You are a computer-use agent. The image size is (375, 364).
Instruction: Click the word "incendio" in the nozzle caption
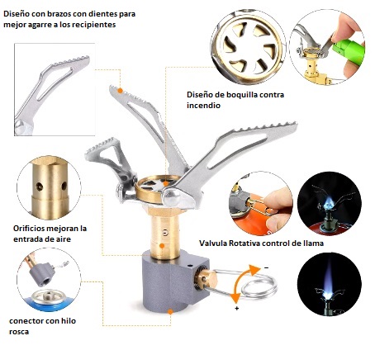coord(203,106)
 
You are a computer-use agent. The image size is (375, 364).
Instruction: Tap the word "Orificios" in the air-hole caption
coord(29,229)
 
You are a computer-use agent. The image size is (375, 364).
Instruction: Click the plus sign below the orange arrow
coord(237,308)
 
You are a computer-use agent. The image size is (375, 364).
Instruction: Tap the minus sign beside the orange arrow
coord(266,267)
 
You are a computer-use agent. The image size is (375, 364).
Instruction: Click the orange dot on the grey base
coord(170,312)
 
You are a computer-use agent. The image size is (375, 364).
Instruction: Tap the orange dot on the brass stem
coord(162,246)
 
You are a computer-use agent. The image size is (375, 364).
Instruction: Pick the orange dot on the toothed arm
coord(120,90)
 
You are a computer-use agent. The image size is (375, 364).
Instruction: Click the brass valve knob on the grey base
coord(206,280)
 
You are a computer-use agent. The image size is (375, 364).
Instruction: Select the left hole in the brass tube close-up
coord(40,187)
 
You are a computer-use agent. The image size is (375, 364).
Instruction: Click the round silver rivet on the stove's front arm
coord(171,197)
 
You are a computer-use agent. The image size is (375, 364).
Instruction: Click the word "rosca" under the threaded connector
coord(19,332)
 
